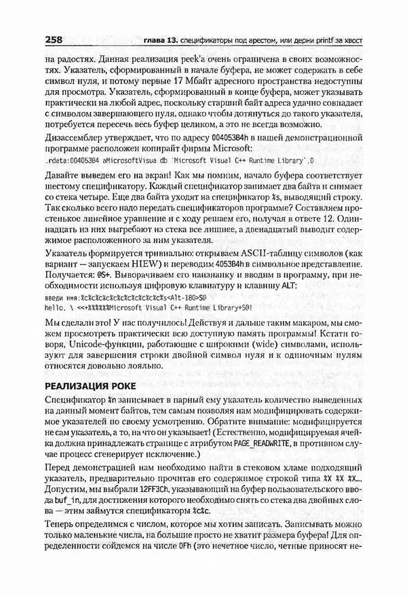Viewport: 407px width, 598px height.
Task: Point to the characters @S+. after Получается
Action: [x=107, y=284]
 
